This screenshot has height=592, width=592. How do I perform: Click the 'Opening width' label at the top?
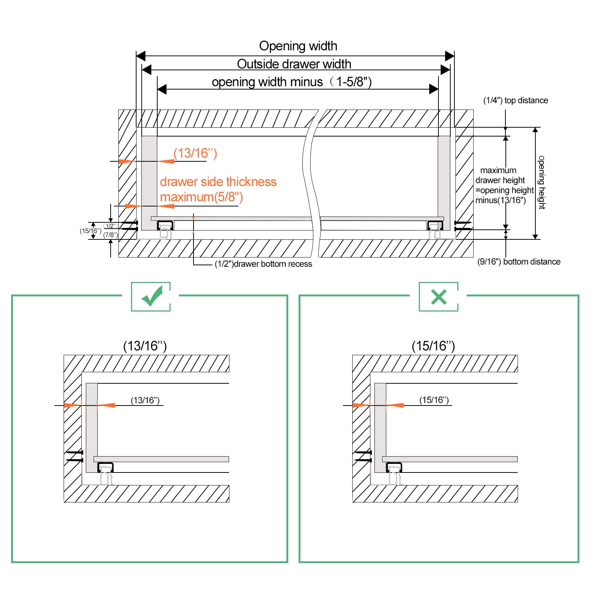[x=298, y=46]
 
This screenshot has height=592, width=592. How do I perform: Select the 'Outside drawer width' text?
[x=294, y=64]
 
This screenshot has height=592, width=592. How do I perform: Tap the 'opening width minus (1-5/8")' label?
[x=292, y=82]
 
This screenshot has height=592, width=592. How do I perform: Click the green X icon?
[x=439, y=297]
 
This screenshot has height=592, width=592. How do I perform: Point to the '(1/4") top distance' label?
[x=516, y=100]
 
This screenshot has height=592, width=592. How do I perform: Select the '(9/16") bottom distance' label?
[x=519, y=262]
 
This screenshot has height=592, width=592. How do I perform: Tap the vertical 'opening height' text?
[x=541, y=182]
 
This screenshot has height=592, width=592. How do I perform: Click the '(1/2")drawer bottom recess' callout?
[x=263, y=264]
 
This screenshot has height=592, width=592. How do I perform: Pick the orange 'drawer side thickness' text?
[x=218, y=182]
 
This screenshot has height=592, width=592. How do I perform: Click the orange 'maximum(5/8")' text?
[x=202, y=197]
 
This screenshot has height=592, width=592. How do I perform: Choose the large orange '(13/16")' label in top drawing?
[x=195, y=153]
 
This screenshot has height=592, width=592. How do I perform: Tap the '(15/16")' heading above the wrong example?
[x=433, y=346]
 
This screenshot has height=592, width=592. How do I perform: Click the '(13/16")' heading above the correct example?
[x=145, y=346]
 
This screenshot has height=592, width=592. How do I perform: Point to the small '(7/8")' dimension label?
[x=111, y=235]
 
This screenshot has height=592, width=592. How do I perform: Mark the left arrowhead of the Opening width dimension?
[x=141, y=56]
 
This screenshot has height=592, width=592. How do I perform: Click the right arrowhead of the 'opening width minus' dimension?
[x=434, y=89]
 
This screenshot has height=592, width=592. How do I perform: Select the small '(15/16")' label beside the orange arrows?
[x=434, y=400]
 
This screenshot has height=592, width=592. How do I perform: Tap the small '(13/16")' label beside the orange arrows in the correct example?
[x=145, y=400]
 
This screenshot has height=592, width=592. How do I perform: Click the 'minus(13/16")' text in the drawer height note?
[x=501, y=200]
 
